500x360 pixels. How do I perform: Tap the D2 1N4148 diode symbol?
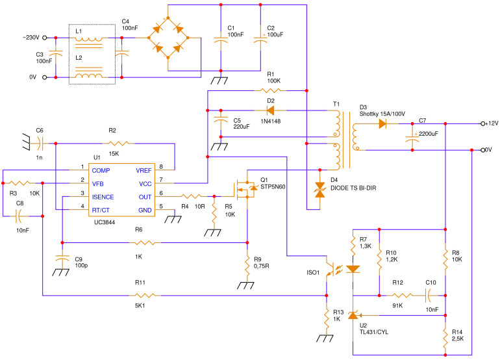tap(271, 110)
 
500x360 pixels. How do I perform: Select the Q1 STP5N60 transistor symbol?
tap(244, 188)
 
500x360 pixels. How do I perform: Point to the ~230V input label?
tap(30, 37)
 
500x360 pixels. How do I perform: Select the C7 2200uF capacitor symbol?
tap(412, 138)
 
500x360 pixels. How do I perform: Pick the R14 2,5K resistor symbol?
tap(445, 337)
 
